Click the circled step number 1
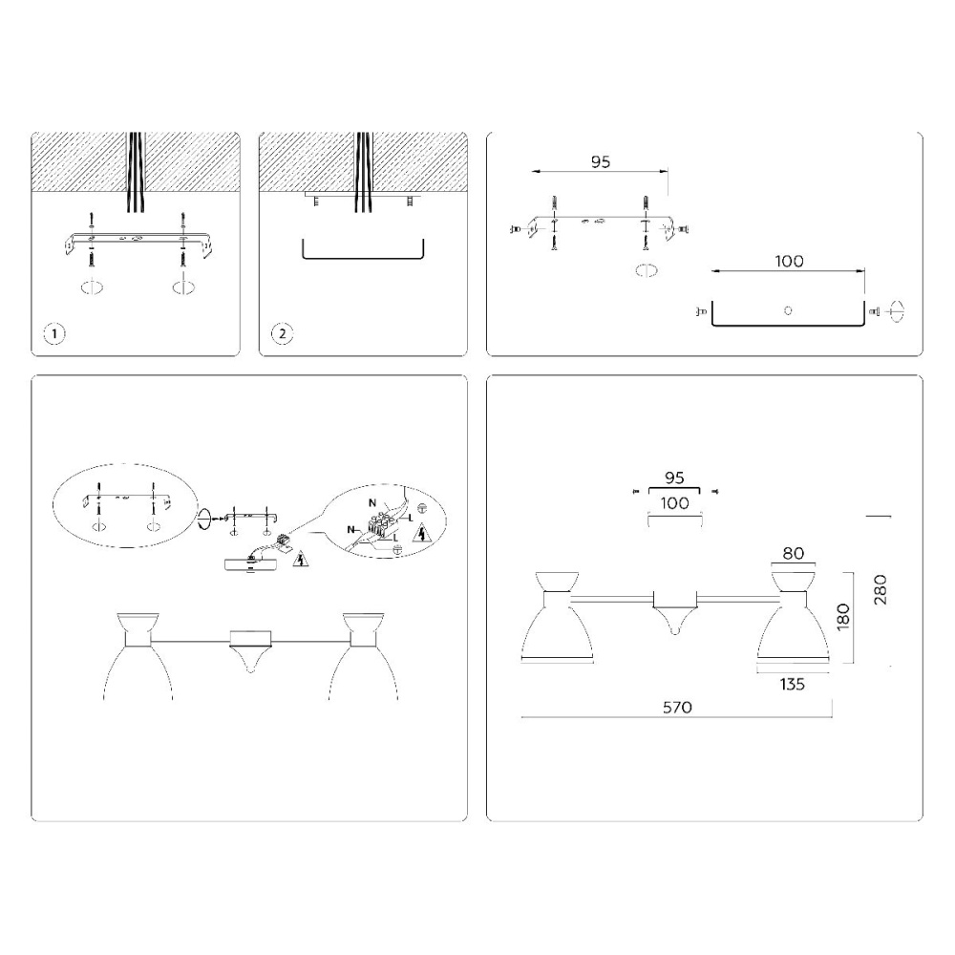pyautogui.click(x=54, y=333)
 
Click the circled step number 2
pyautogui.click(x=282, y=333)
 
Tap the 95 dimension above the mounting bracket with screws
pyautogui.click(x=601, y=162)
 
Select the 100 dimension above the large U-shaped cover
pyautogui.click(x=789, y=262)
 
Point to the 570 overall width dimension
pyautogui.click(x=677, y=707)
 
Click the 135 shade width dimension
pyautogui.click(x=792, y=685)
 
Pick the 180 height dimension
pyautogui.click(x=843, y=617)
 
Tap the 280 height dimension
pyautogui.click(x=881, y=589)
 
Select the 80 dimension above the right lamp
pyautogui.click(x=793, y=553)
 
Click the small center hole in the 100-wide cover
pyautogui.click(x=788, y=310)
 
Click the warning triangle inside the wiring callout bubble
pyautogui.click(x=420, y=535)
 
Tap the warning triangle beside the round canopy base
pyautogui.click(x=299, y=559)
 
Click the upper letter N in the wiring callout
pyautogui.click(x=372, y=503)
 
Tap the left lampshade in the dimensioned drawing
pyautogui.click(x=558, y=626)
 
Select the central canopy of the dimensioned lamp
pyautogui.click(x=675, y=611)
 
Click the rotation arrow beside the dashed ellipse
pyautogui.click(x=204, y=519)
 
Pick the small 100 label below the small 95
pyautogui.click(x=675, y=503)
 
